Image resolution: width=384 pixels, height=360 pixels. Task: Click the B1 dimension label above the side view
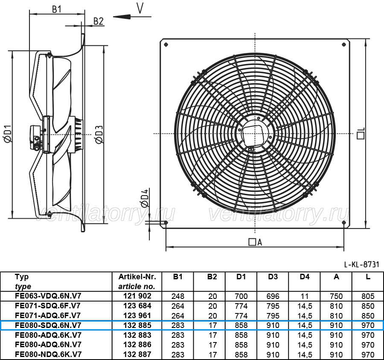57,9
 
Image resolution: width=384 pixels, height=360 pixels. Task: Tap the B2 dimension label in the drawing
99,21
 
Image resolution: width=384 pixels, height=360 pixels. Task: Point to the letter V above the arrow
140,8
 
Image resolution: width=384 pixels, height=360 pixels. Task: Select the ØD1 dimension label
8,133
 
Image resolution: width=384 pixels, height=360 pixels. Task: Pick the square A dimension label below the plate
255,242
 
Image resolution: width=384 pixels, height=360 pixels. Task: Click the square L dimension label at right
361,133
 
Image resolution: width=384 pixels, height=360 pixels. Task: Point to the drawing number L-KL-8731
361,264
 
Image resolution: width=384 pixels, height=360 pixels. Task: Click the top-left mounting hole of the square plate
166,44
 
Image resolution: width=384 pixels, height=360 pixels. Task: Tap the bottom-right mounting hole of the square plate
344,222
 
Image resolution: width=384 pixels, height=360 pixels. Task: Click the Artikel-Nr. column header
137,277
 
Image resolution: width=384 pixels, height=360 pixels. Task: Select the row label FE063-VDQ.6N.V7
48,296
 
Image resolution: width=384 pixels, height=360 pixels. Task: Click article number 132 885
137,325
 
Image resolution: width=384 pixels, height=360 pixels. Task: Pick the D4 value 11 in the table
304,296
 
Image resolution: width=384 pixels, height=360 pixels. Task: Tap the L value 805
368,296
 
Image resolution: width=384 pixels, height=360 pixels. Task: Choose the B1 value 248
178,296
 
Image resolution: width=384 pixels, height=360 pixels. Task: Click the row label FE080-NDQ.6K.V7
48,354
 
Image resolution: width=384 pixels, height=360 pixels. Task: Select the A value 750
336,296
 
